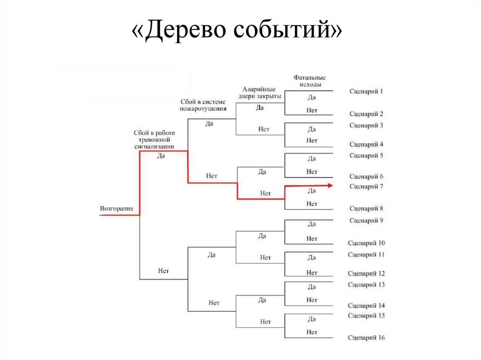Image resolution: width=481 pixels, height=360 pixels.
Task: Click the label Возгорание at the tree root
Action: (116, 208)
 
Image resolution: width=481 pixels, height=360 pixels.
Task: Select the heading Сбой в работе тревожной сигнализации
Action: (155, 139)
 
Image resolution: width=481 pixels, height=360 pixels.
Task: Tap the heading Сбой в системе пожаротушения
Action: (203, 105)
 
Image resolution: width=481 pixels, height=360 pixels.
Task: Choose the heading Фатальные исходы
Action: (310, 81)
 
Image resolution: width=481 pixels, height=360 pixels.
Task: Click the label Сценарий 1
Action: (366, 91)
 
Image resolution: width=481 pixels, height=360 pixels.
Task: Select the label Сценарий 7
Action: (366, 186)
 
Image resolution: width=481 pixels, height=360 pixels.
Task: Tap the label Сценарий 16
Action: (366, 337)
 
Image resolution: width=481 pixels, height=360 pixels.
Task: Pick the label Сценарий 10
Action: (366, 243)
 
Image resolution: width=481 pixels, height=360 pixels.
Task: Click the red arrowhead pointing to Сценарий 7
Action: (330, 186)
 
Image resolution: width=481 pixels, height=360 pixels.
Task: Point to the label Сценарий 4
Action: (366, 145)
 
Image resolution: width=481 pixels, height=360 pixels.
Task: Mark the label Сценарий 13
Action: (366, 284)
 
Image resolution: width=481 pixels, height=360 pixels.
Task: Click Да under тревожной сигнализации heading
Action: (161, 156)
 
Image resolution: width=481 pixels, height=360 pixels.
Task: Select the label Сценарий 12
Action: (366, 273)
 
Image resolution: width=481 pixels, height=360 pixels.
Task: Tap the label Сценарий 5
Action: (366, 155)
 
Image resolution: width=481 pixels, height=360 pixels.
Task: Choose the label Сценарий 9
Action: (366, 221)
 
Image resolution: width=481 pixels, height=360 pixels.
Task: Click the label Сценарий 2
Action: (366, 114)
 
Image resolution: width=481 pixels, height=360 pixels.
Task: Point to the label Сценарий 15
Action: (366, 315)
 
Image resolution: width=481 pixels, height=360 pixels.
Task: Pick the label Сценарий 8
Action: (366, 208)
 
